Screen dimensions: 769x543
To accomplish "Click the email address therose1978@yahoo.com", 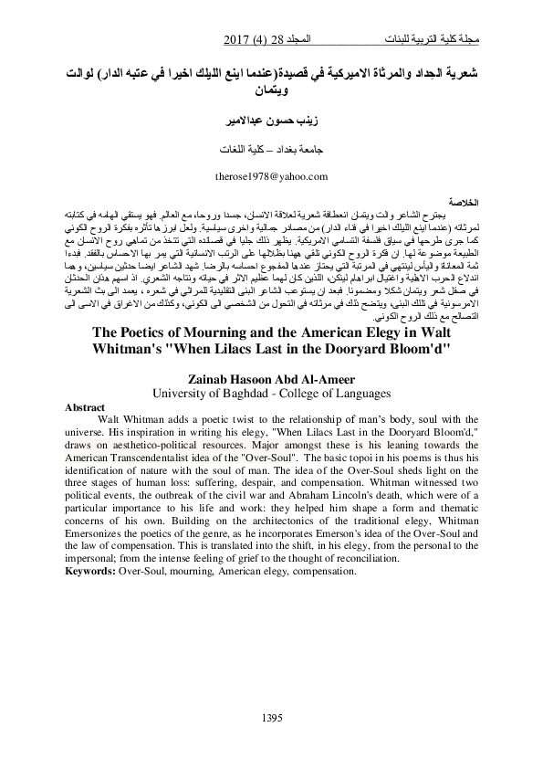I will tap(270, 175).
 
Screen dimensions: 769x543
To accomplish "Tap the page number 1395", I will tap(271, 716).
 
